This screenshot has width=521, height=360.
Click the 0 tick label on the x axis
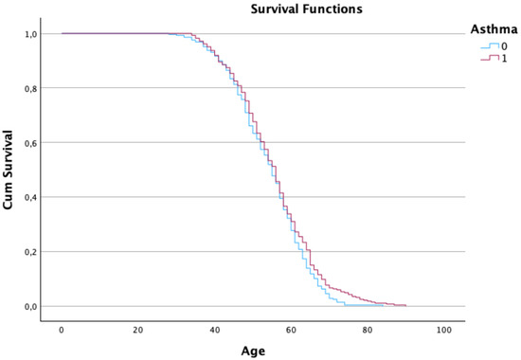point(62,330)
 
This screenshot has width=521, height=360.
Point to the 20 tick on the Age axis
point(138,330)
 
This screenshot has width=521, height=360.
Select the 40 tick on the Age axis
point(215,330)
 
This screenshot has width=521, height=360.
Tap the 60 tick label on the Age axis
point(291,330)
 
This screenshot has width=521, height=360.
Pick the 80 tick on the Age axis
point(368,330)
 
